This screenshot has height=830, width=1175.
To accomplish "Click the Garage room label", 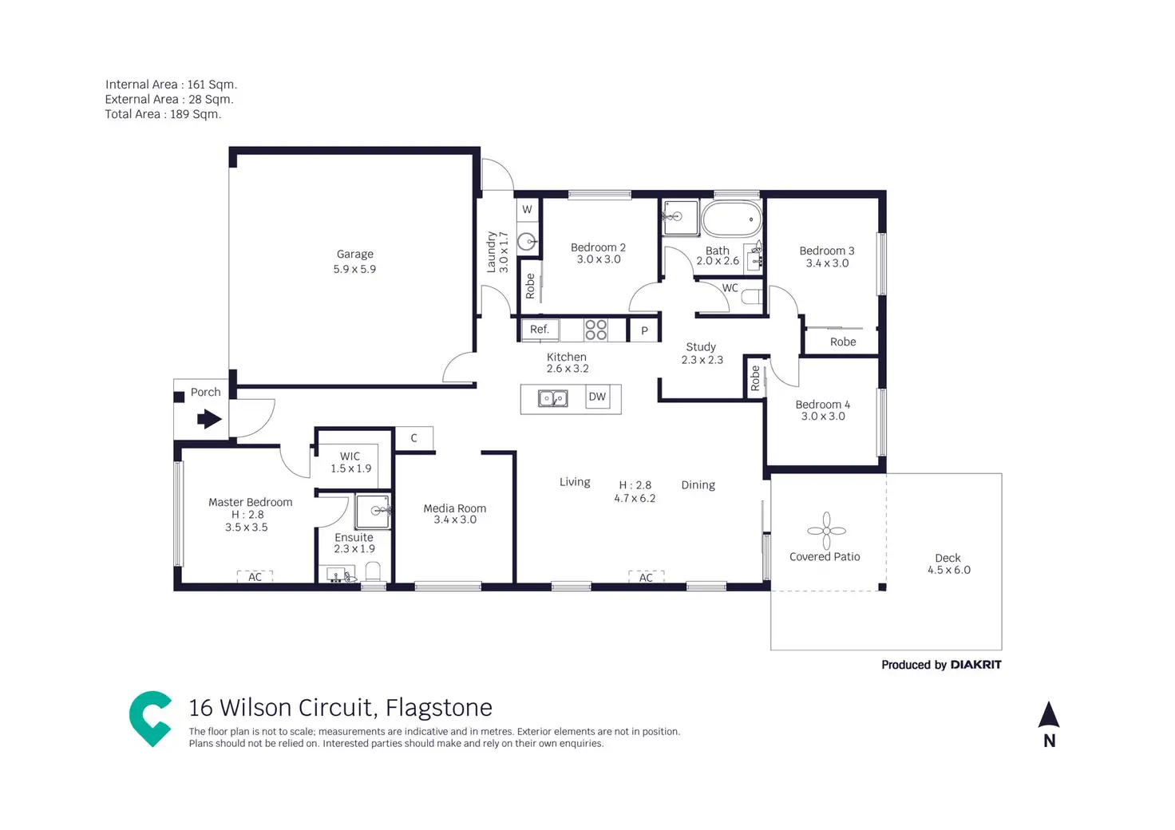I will pyautogui.click(x=354, y=255).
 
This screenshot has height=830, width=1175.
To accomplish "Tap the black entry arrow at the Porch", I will pyautogui.click(x=209, y=418).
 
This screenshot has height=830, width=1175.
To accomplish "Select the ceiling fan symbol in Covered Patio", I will pyautogui.click(x=826, y=531).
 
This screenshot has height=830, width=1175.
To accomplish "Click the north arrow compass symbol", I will pyautogui.click(x=1049, y=716).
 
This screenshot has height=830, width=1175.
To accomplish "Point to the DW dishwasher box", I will pyautogui.click(x=597, y=397).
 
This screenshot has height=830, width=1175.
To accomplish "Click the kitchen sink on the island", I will pyautogui.click(x=552, y=398).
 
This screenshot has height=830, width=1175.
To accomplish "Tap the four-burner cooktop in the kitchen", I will pyautogui.click(x=595, y=330).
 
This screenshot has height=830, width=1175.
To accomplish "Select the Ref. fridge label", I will pyautogui.click(x=540, y=330).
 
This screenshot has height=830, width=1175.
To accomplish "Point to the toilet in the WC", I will pyautogui.click(x=752, y=298).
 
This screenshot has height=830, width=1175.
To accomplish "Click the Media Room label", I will pyautogui.click(x=454, y=508).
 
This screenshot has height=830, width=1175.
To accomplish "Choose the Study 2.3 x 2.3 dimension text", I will pyautogui.click(x=702, y=360).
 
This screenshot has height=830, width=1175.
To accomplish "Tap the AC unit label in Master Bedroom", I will pyautogui.click(x=255, y=577).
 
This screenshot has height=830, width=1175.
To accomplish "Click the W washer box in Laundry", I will pyautogui.click(x=527, y=210).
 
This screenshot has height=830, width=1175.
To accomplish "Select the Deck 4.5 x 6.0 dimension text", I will pyautogui.click(x=948, y=570).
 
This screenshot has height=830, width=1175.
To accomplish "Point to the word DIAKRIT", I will pyautogui.click(x=975, y=665).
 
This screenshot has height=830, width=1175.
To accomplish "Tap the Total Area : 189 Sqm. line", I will pyautogui.click(x=163, y=114).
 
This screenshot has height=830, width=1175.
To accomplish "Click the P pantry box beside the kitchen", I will pyautogui.click(x=644, y=330).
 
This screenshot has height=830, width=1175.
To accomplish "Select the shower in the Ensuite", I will pyautogui.click(x=374, y=512).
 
